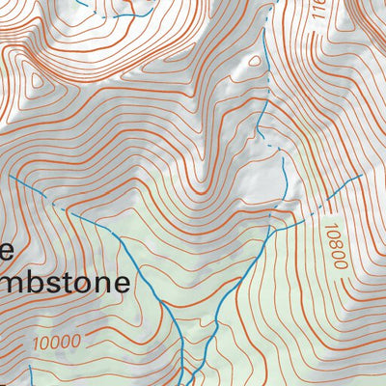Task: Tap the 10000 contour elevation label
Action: pos(56,341)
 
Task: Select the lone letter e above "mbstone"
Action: pos(5,251)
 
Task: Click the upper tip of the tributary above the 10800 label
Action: pos(360,177)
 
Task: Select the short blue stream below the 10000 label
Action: pos(32,374)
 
